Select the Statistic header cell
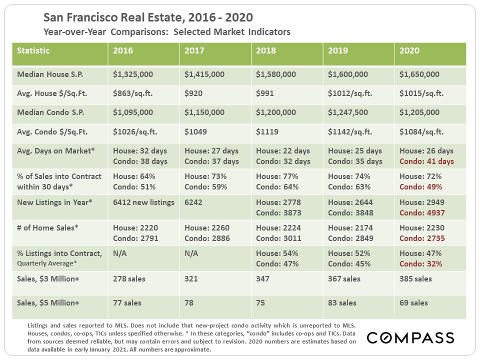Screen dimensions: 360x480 click(x=33, y=51)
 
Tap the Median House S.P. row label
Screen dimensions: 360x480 click(x=50, y=74)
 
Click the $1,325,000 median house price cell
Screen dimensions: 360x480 click(x=133, y=74)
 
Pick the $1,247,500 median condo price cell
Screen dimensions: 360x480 click(x=348, y=113)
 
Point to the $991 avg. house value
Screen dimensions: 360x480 click(x=265, y=93)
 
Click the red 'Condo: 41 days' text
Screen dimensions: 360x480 click(x=426, y=161)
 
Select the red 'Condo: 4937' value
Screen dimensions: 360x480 click(x=422, y=212)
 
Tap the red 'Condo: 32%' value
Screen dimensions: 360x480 click(x=420, y=264)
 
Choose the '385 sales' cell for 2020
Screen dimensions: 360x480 click(x=415, y=279)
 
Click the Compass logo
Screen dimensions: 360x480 click(x=410, y=337)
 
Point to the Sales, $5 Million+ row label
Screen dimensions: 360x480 click(x=48, y=302)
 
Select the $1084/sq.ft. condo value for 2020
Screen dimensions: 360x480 click(x=421, y=132)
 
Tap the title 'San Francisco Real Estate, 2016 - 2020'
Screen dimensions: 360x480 click(x=148, y=18)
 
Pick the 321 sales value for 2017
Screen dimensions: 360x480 click(x=191, y=279)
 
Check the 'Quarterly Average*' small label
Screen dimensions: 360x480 click(x=47, y=263)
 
